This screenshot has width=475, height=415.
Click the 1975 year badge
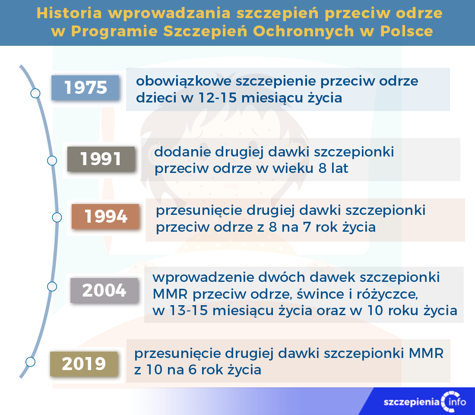coord(85,88)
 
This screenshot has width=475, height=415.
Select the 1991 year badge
coord(101,159)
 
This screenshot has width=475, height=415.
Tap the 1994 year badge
coord(105,216)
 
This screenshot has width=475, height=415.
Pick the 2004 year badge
coord(104,290)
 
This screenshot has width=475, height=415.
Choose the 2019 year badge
coord(84,364)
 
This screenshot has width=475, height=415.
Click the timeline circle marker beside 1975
coord(35,93)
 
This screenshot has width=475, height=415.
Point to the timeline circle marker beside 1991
coord(52,160)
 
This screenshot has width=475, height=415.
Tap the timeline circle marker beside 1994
coord(57,217)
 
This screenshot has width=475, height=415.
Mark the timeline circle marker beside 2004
coord(52,286)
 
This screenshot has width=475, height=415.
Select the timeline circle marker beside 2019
coord(30,361)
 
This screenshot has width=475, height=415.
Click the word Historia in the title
coord(69,13)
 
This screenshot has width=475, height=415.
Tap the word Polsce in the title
coord(406,31)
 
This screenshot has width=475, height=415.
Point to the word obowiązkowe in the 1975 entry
coord(183,81)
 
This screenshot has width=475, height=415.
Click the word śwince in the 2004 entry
coord(320,294)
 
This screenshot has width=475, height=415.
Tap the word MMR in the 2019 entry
coord(426,353)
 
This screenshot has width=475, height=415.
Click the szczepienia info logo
coord(425,402)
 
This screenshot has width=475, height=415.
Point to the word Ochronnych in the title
coord(303,31)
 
